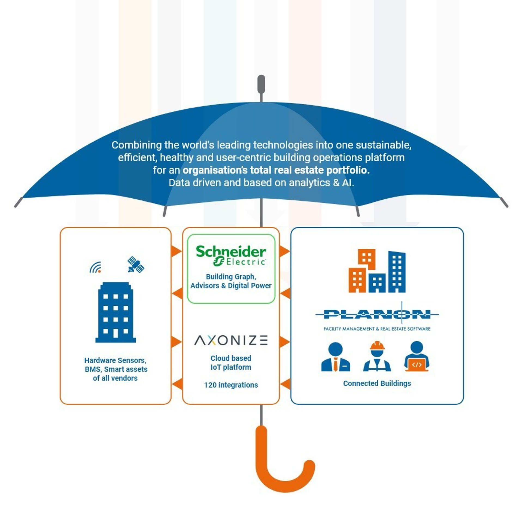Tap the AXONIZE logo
pos(231,340)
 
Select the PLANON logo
pos(377,315)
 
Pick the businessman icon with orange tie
pos(336,357)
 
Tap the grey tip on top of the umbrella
pos(261,84)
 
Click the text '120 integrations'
pos(231,385)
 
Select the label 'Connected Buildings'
pos(377,383)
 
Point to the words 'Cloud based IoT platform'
pos(231,363)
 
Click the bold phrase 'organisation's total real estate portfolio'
pos(276,170)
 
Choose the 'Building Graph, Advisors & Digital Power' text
pos(231,281)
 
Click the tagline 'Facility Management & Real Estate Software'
pos(377,329)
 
